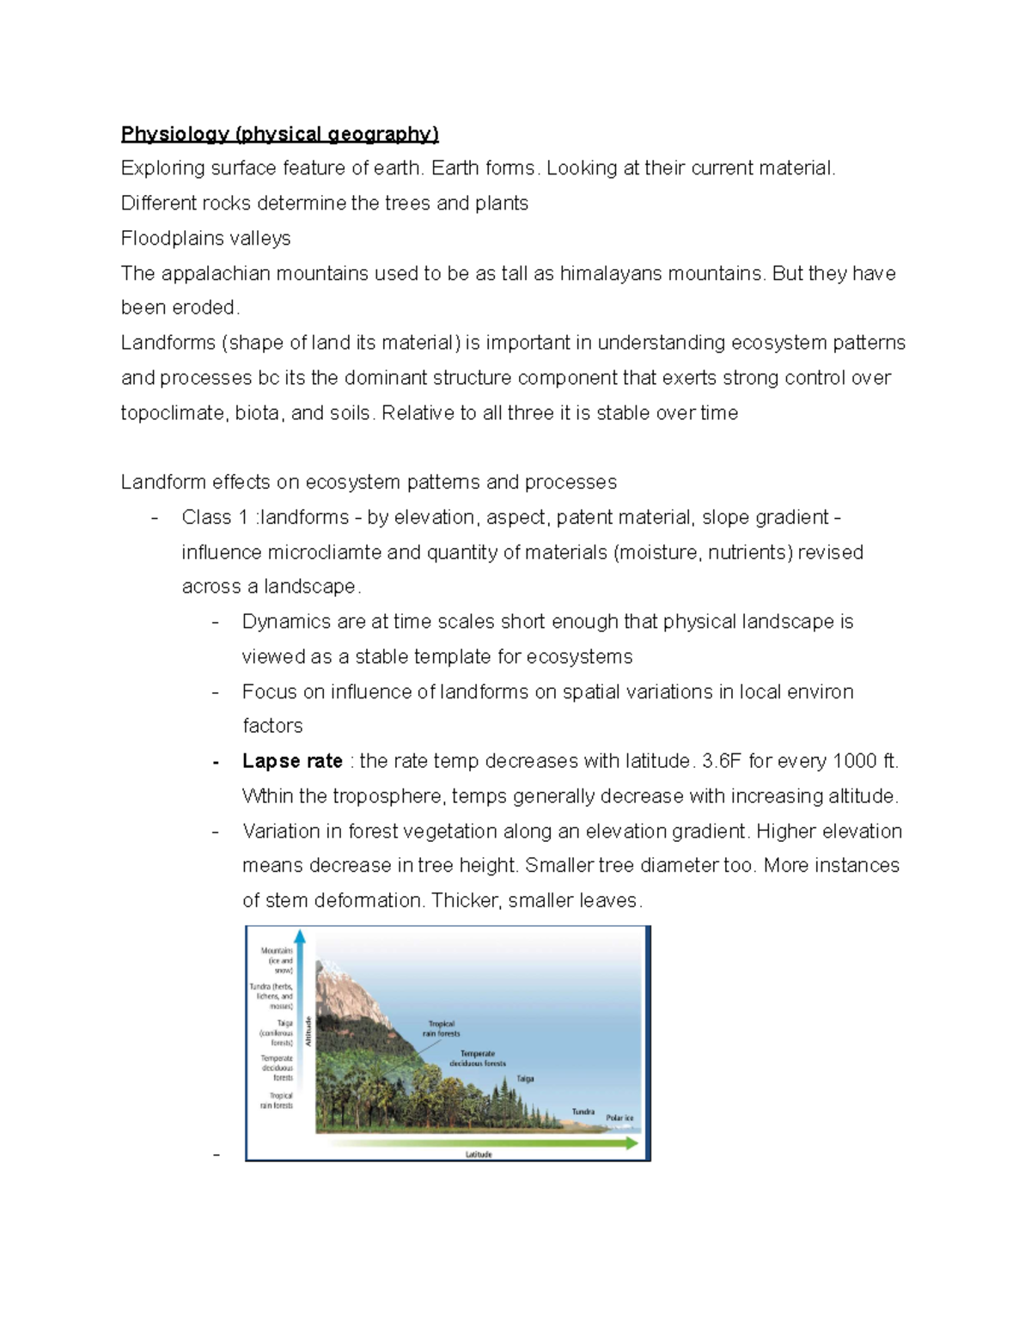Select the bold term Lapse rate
click(x=292, y=761)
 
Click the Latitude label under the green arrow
click(x=479, y=1154)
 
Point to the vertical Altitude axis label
click(x=308, y=1031)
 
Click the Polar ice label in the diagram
click(x=619, y=1118)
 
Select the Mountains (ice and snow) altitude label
click(x=278, y=960)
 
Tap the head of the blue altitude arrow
click(x=300, y=935)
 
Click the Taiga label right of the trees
click(x=525, y=1079)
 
